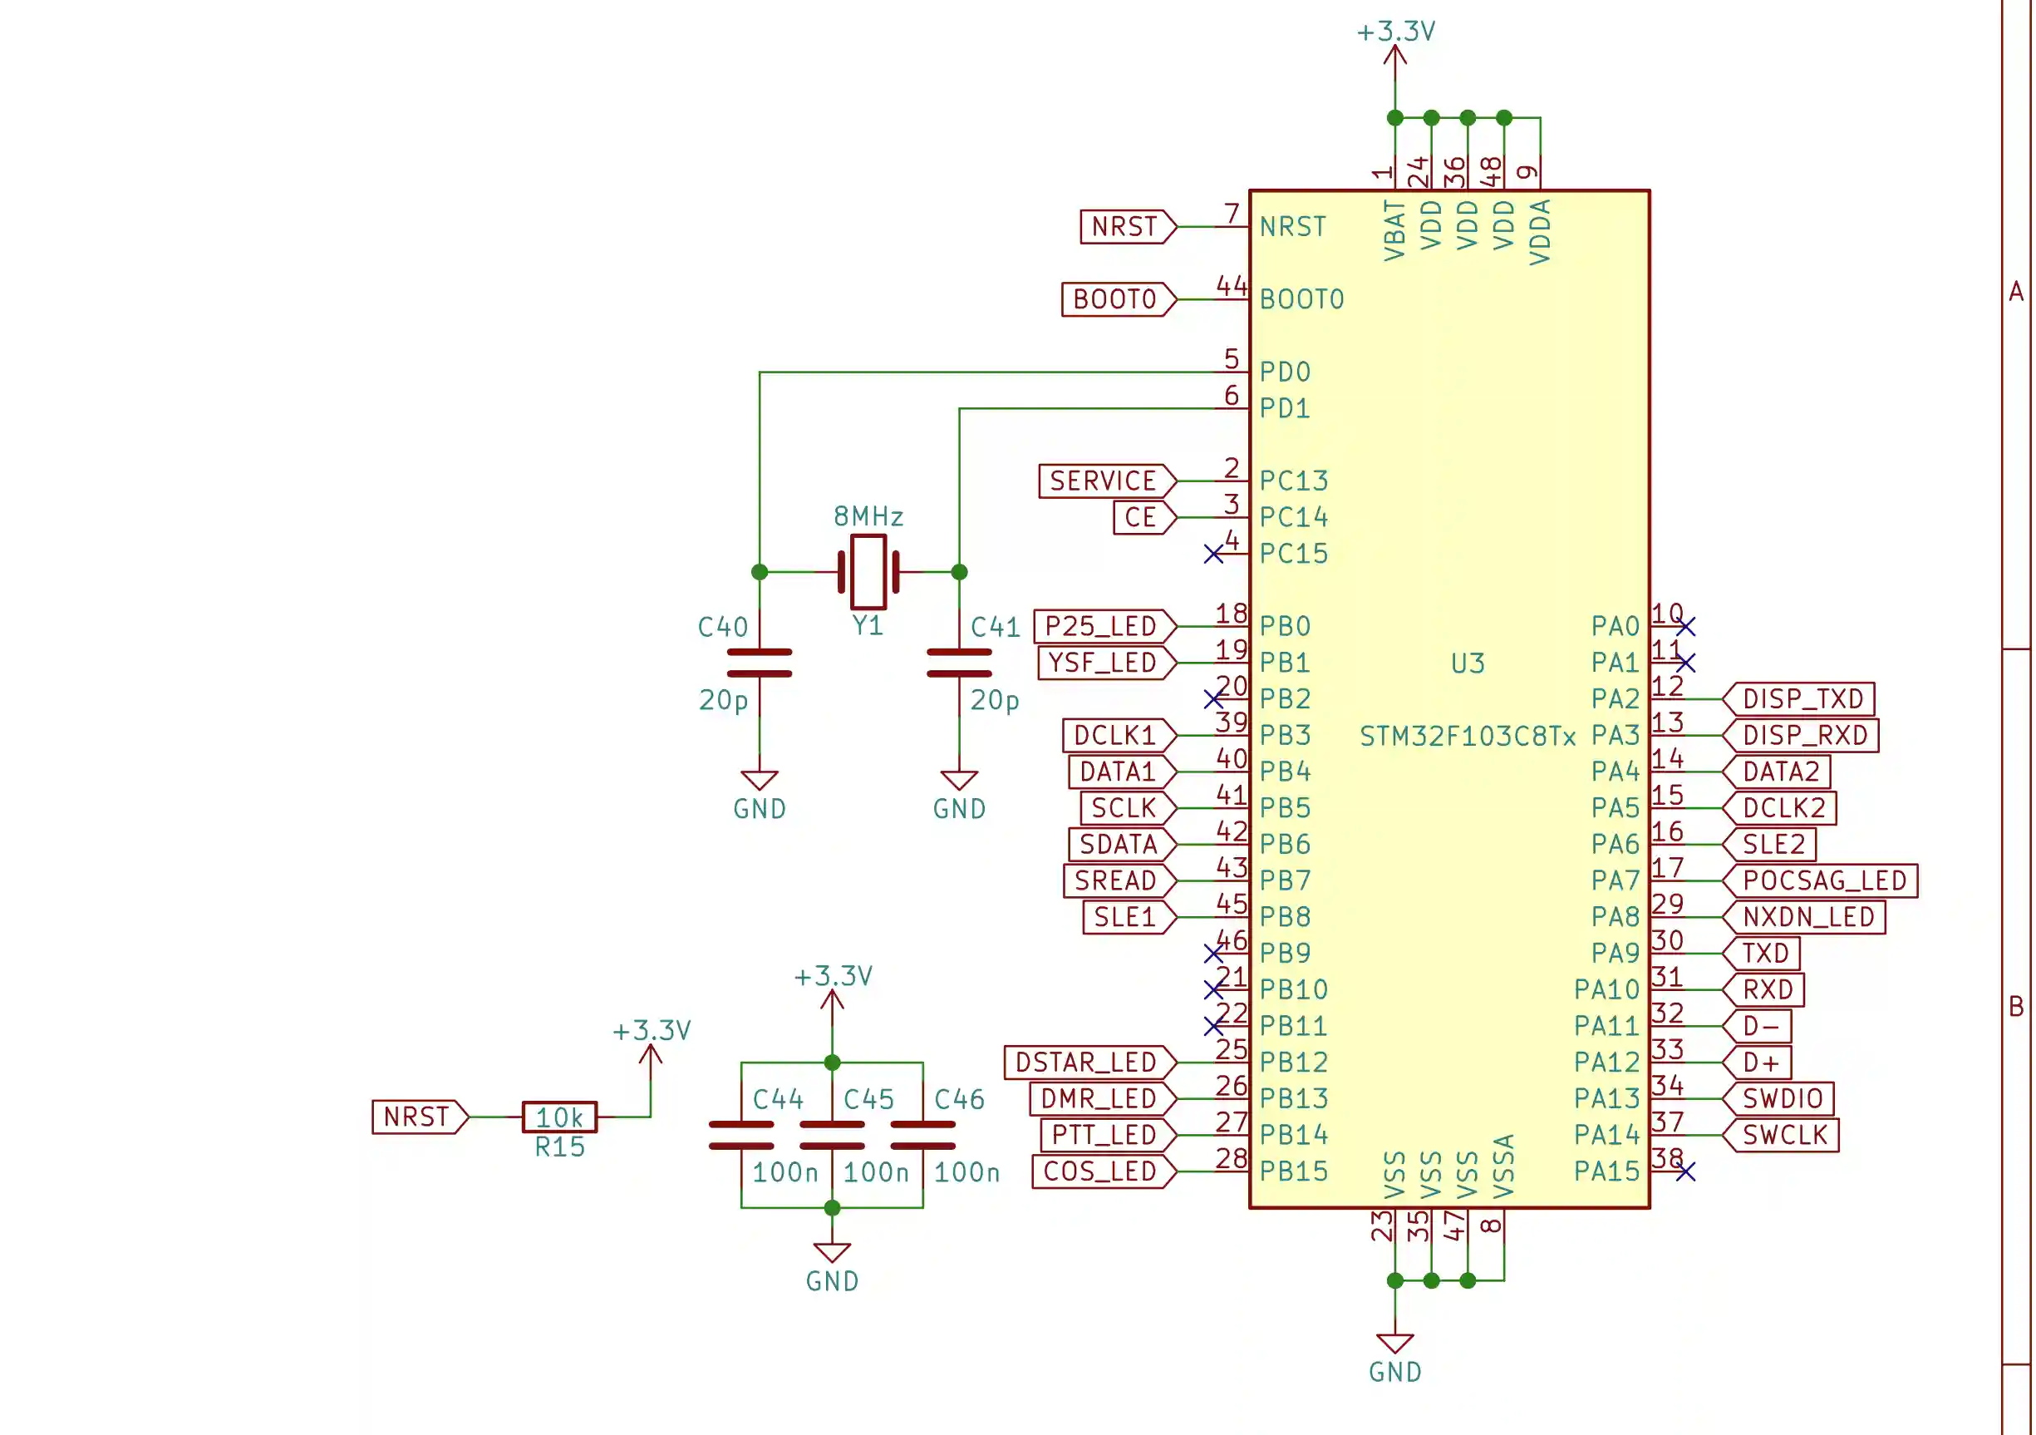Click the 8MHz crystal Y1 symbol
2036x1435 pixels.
(x=868, y=572)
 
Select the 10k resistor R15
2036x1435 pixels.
(x=558, y=1117)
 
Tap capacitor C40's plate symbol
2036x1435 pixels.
(x=759, y=663)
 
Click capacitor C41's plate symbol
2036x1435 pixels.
(x=959, y=663)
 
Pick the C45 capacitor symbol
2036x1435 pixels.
(x=832, y=1135)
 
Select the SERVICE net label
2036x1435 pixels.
(x=1106, y=481)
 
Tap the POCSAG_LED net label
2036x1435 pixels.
(x=1822, y=880)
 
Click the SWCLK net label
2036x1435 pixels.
(x=1783, y=1135)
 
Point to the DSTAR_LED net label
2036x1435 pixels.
(x=1089, y=1063)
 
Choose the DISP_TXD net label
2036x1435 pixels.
(x=1800, y=699)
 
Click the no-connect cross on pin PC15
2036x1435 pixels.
(x=1213, y=555)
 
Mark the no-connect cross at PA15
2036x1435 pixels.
(x=1686, y=1171)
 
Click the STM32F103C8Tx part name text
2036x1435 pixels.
(x=1468, y=736)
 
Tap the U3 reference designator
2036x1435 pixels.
(x=1468, y=663)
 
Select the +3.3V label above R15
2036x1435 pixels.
(x=651, y=1031)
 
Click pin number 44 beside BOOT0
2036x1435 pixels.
(x=1231, y=285)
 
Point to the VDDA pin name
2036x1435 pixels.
(x=1541, y=232)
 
